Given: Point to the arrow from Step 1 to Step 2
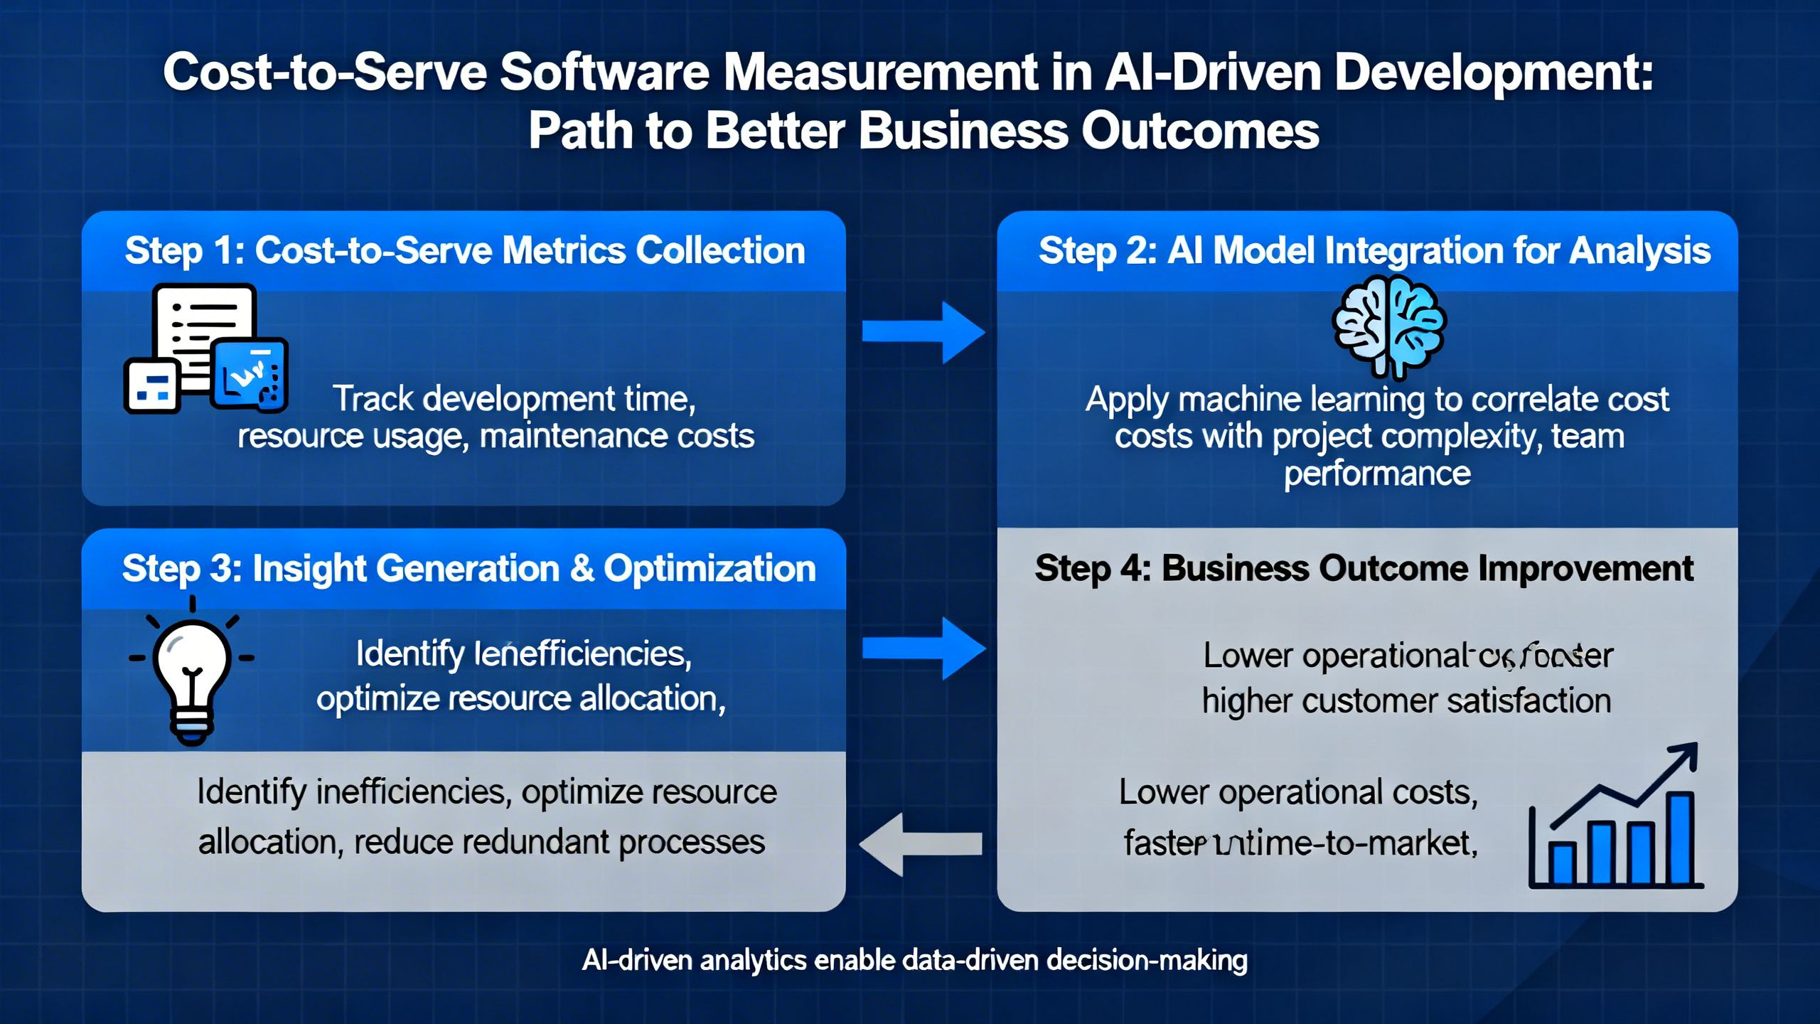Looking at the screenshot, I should [923, 332].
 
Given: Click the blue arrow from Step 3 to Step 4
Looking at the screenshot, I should [923, 648].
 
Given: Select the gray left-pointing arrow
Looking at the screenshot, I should [921, 844].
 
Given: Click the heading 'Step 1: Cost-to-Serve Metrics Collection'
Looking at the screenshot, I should [465, 251].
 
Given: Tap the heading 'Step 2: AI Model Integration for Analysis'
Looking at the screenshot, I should [1374, 251].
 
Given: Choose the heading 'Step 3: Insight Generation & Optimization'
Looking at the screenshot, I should [469, 569].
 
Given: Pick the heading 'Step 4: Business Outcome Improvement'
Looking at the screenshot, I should [1364, 569].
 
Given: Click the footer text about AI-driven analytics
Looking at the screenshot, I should [914, 961].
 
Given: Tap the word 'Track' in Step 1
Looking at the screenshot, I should [373, 399].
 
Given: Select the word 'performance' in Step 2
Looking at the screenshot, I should [1377, 474].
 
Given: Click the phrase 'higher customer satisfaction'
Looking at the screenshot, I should [1406, 701].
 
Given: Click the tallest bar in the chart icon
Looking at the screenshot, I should [1681, 839].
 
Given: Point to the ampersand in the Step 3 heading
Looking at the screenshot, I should [582, 569].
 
